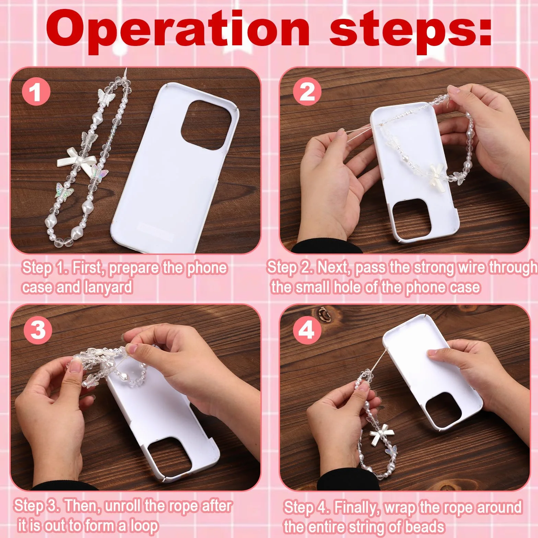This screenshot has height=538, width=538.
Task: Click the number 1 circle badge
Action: point(36,92)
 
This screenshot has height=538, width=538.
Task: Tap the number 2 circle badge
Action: point(307,92)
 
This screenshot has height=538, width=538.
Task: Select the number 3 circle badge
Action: point(38,330)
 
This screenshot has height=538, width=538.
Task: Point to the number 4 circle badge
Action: point(307,330)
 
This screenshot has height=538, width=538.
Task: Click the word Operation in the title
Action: point(178,31)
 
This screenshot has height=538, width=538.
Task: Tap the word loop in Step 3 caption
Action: point(144,525)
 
